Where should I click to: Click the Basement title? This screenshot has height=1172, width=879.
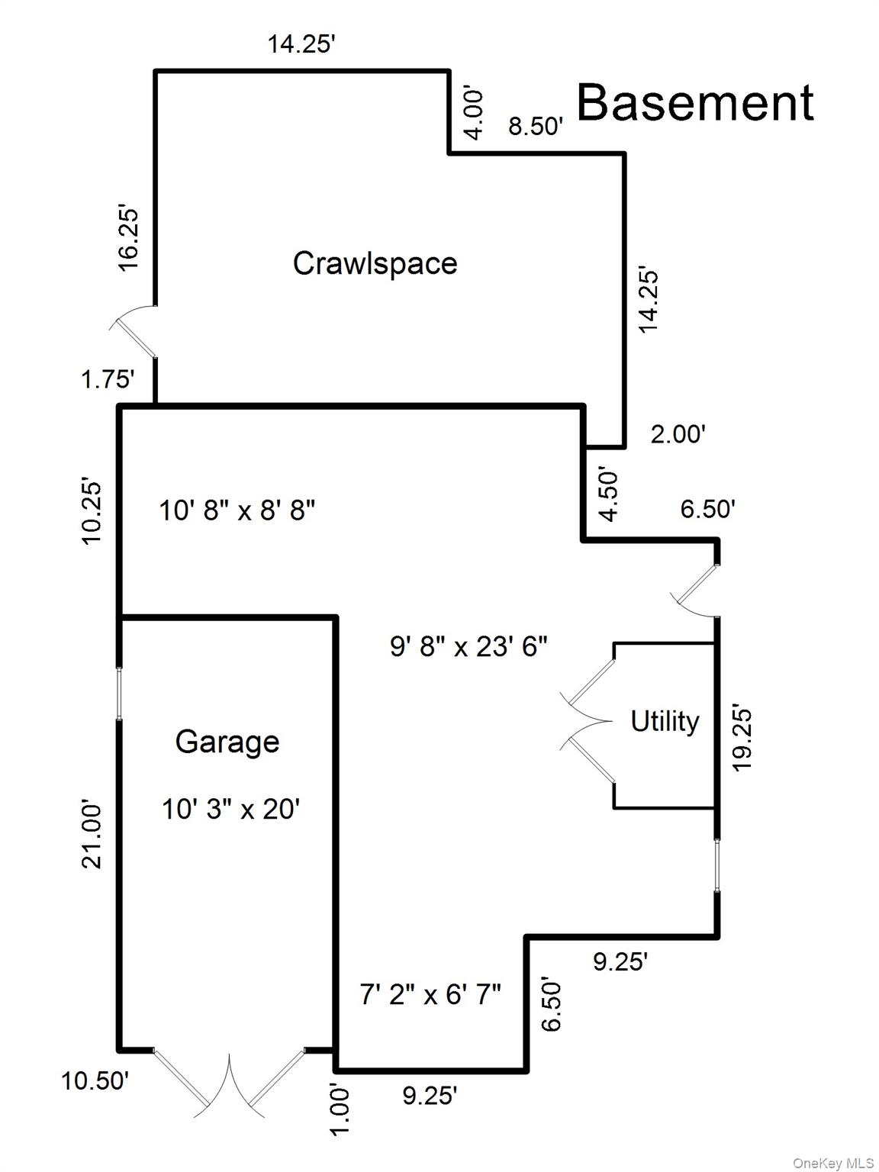click(694, 102)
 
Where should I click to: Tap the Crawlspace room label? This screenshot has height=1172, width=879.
click(375, 263)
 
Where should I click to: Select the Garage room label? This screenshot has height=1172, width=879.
click(227, 742)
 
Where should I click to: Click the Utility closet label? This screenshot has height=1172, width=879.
click(665, 721)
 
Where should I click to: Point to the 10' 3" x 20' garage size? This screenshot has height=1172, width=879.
click(230, 809)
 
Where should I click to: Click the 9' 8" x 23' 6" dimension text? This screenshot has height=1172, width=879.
click(468, 647)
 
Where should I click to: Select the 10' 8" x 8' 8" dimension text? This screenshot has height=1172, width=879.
click(237, 510)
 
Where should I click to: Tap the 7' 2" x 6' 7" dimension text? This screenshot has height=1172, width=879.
click(430, 995)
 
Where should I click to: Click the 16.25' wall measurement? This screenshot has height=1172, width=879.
click(129, 237)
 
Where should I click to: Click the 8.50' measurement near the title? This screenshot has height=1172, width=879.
click(536, 127)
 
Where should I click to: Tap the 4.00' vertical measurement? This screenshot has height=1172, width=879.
click(474, 114)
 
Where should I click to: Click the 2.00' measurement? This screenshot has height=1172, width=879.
click(678, 434)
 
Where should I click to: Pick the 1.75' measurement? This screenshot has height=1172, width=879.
click(108, 379)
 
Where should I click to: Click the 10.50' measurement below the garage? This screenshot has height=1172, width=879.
click(95, 1080)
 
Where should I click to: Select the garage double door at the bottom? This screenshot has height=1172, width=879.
click(229, 1080)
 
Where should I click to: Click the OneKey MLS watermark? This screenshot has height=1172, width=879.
click(832, 1163)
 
